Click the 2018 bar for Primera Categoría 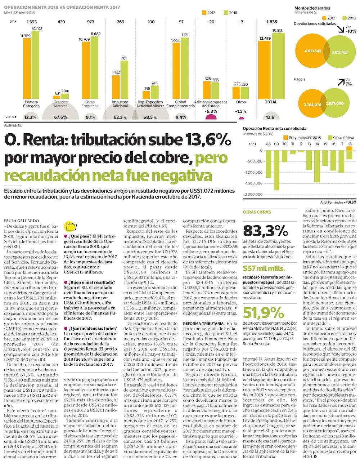click(x=35, y=65)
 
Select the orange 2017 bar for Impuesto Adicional click(x=116, y=87)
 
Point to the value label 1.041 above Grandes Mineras click(x=65, y=91)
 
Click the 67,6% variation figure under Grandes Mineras click(x=61, y=117)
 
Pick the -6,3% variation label click(x=211, y=111)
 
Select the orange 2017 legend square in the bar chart click(x=204, y=13)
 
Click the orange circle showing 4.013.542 click(x=312, y=51)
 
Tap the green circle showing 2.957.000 click(x=334, y=103)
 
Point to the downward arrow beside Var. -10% click(x=341, y=29)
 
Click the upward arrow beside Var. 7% click(x=341, y=82)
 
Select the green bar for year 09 click(x=276, y=170)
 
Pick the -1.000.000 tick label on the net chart click(x=254, y=172)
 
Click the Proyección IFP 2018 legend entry click(x=302, y=138)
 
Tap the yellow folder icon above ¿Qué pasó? click(x=70, y=227)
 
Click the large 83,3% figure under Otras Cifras click(x=266, y=231)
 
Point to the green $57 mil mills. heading click(x=264, y=268)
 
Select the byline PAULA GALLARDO click(x=22, y=221)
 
